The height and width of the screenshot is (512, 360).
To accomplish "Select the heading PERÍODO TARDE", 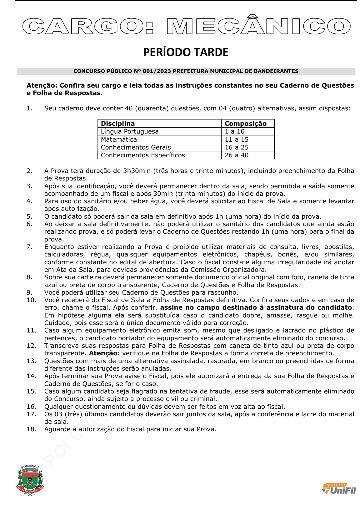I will pos(186,52).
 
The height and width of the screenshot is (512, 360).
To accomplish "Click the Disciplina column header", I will pos(118,124).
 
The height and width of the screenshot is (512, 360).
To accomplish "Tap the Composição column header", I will pos(245,124).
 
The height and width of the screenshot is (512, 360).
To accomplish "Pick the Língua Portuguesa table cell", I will pos(130,131).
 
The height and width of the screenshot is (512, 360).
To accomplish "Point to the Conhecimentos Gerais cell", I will pos(136,147).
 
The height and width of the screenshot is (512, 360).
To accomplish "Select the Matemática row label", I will pos(119,139).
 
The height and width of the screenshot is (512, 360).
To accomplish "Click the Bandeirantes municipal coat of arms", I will pos(30,480).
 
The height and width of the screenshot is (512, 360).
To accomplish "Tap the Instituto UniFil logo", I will pos(339,489).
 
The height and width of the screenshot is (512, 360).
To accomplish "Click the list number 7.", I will pos(29,247).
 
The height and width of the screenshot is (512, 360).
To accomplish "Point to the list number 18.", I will pos(31,429).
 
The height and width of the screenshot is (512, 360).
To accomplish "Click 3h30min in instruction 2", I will pos(137,171).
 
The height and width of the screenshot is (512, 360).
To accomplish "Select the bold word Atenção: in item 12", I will pos(104,353).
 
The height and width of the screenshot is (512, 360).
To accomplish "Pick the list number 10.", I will pos(31,300).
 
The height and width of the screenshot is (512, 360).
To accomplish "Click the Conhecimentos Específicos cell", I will pos(143,155).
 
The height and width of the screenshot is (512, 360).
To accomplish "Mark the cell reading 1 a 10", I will pos(234,131).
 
